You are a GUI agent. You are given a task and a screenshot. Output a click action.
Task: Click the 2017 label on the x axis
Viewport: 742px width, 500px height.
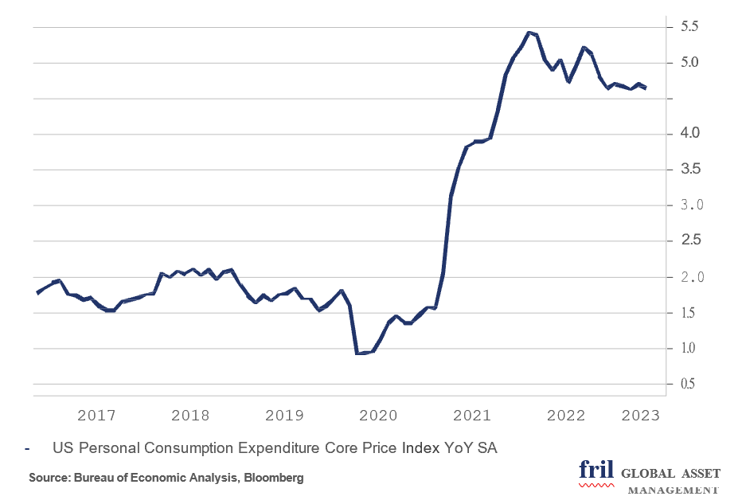point(96,416)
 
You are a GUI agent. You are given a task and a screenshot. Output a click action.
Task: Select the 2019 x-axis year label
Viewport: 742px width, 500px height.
point(284,416)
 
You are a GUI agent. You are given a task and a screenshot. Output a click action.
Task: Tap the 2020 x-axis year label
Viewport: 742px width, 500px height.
point(378,416)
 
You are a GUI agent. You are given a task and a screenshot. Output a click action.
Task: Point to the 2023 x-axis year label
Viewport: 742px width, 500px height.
point(640,416)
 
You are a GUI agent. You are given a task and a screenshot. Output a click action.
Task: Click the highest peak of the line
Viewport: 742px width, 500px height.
point(529,33)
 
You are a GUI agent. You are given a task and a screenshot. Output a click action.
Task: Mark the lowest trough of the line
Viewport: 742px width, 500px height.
point(358,354)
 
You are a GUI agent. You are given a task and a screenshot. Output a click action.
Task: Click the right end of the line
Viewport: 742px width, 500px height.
point(645,88)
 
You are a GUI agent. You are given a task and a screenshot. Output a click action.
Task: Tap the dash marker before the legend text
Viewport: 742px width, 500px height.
point(28,449)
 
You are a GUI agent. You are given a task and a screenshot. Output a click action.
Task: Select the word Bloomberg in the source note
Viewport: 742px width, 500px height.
point(276,478)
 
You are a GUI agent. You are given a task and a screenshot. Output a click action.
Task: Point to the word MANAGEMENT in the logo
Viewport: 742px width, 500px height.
point(674,490)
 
